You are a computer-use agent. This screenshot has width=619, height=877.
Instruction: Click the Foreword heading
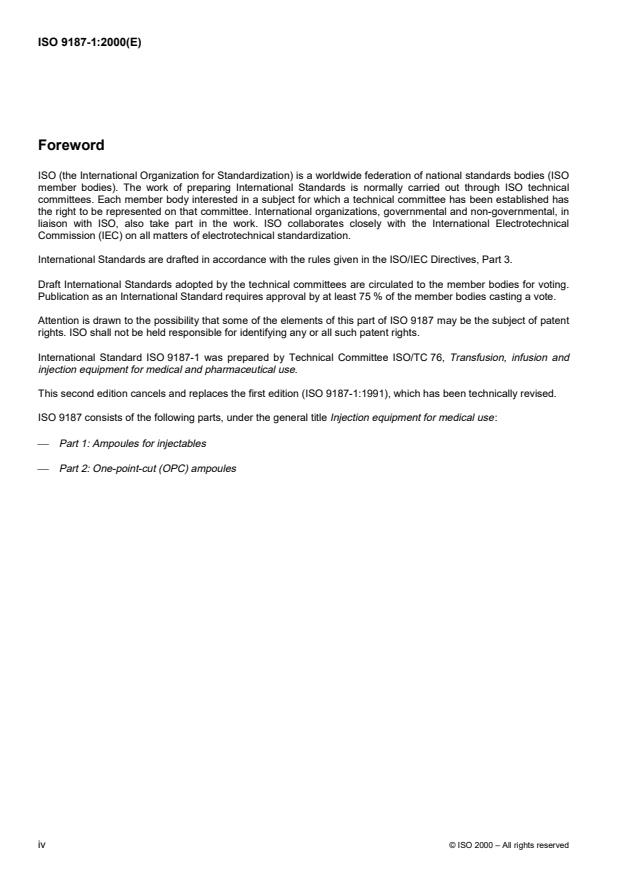(70, 145)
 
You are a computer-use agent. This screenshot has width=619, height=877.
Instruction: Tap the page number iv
(41, 844)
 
